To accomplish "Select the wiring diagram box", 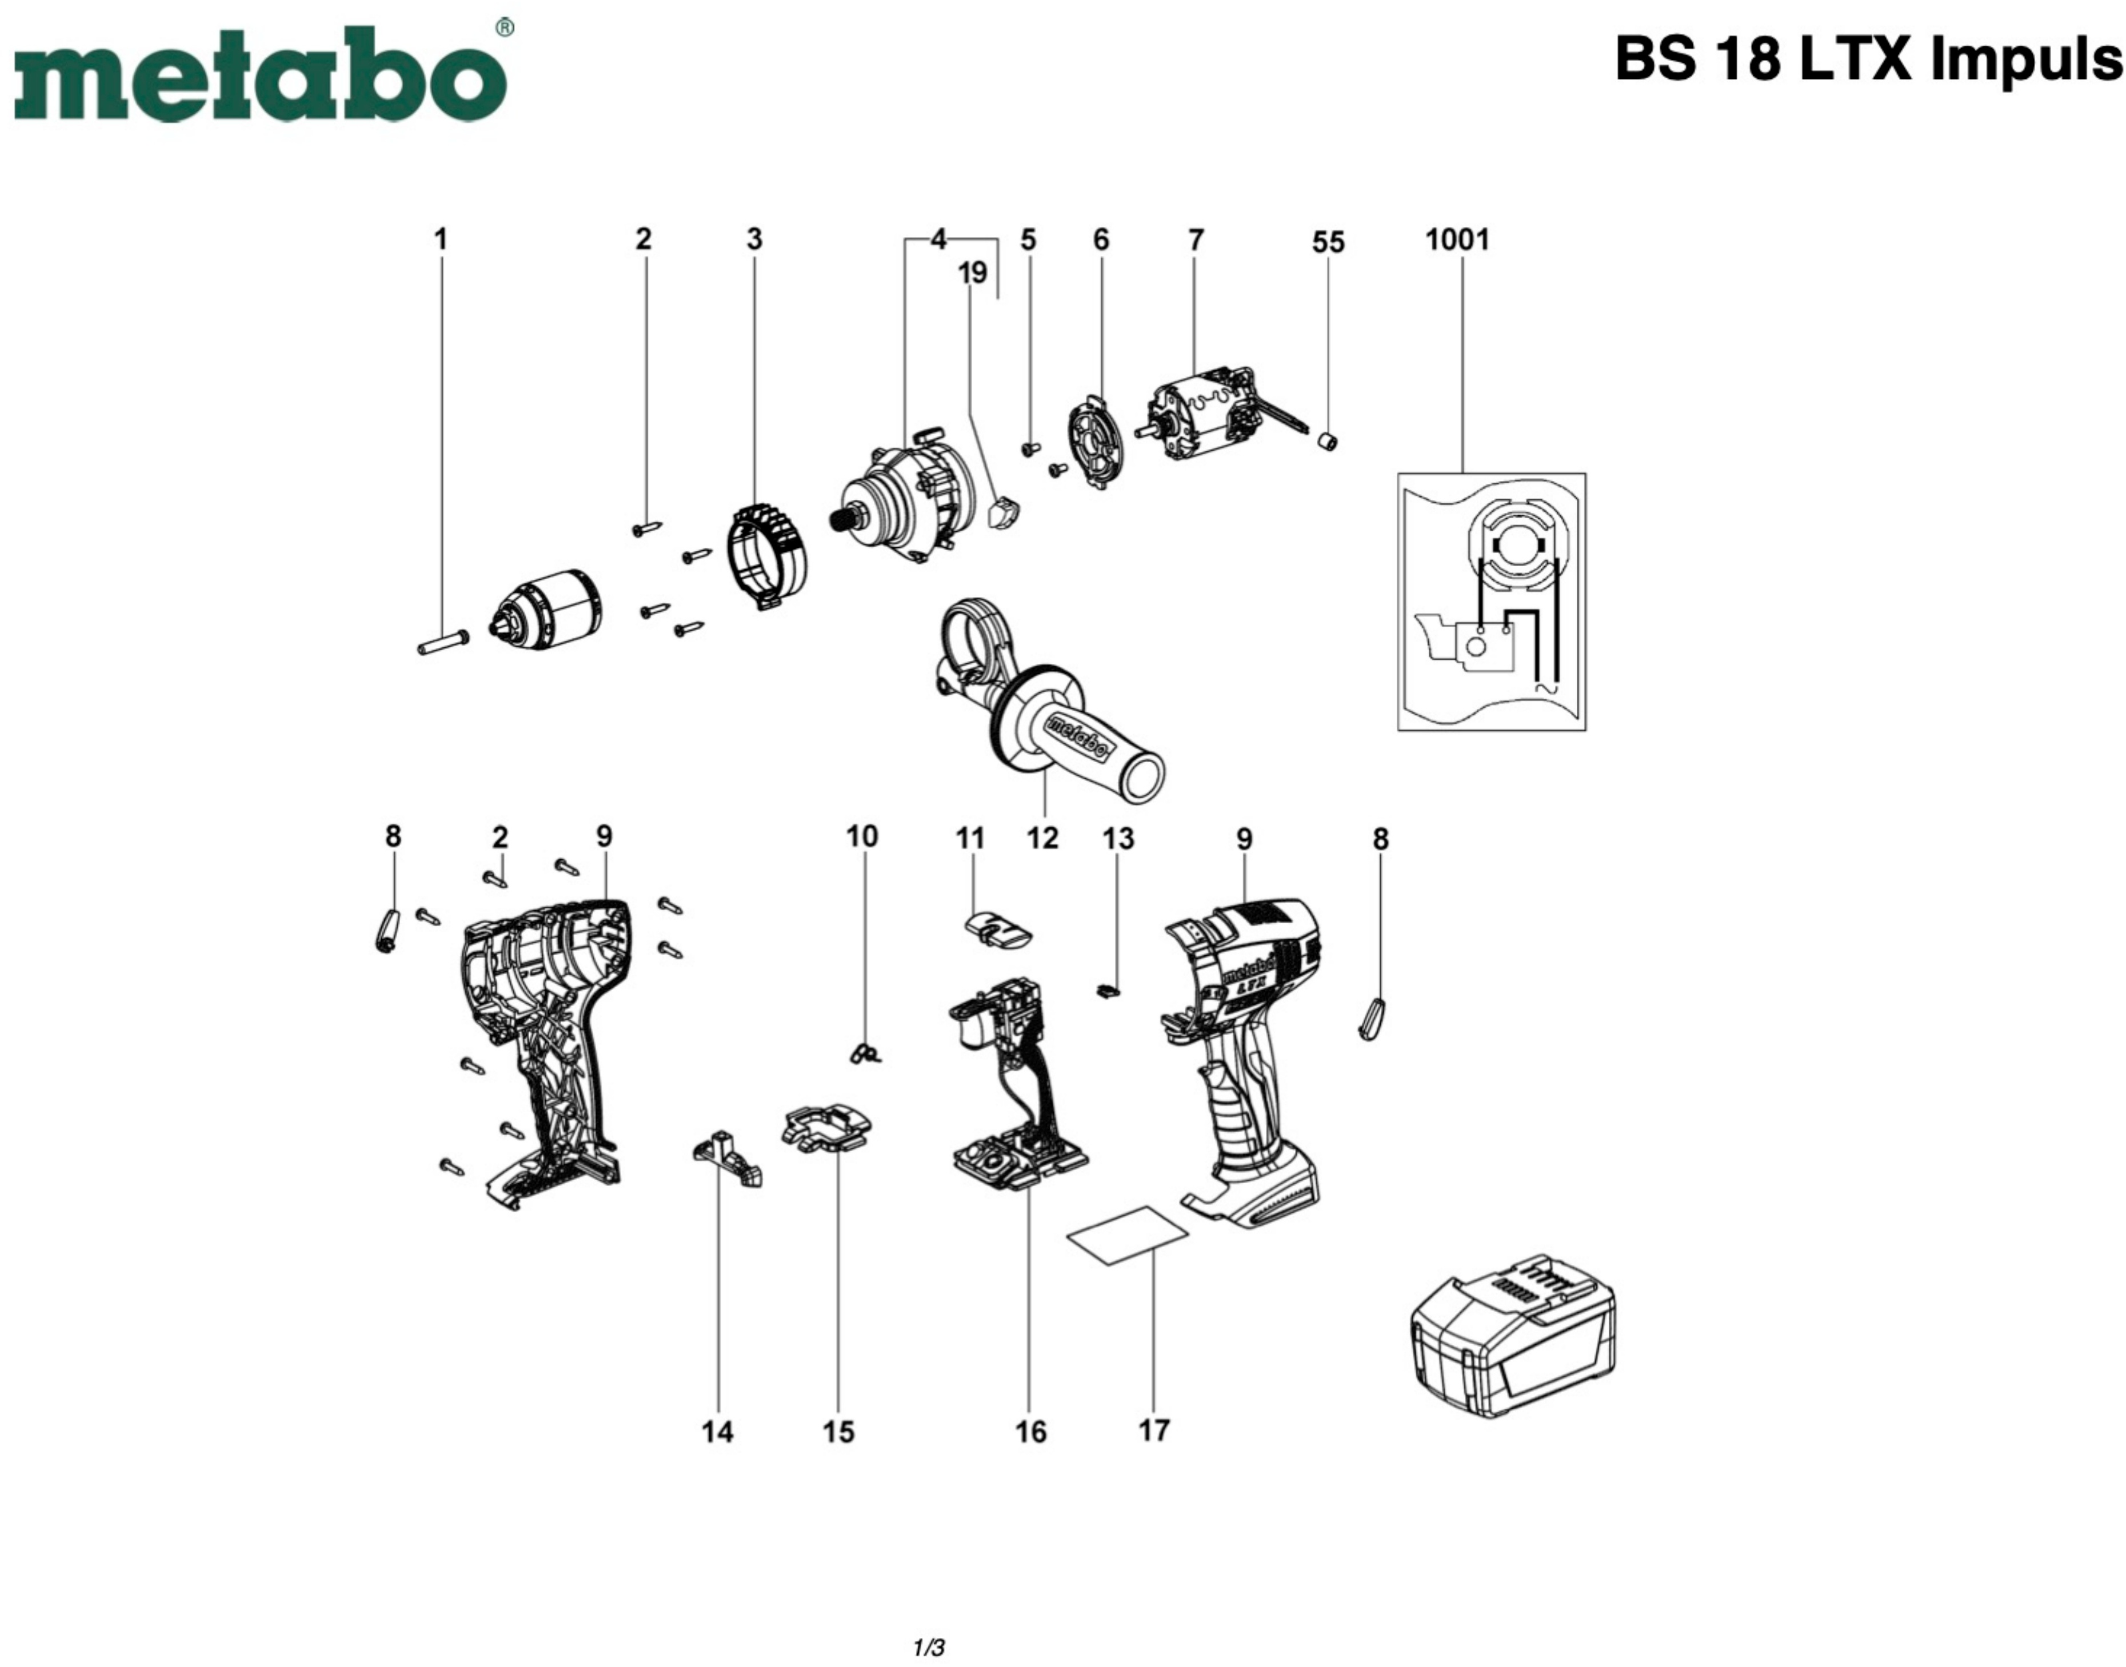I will point(1490,601).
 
